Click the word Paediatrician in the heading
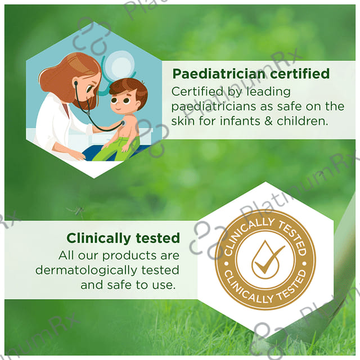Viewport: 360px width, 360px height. point(219,74)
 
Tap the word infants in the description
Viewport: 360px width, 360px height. point(240,121)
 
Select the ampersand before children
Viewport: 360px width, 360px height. point(268,121)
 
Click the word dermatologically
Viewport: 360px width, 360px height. point(86,271)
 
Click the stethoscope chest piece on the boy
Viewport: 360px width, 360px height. point(123,124)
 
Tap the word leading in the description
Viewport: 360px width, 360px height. point(268,92)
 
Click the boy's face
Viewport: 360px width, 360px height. point(123,102)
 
